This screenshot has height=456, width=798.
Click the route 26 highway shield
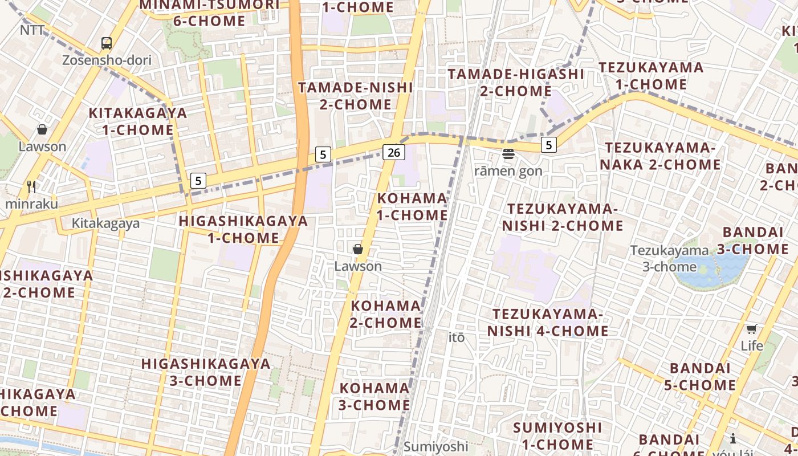(x=394, y=152)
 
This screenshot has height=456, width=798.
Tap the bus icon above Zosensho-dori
(x=107, y=43)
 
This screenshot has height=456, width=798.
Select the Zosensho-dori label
(x=107, y=60)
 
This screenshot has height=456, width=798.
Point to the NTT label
(x=32, y=30)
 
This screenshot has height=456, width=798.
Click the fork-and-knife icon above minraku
(x=31, y=186)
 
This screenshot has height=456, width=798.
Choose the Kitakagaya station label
(x=105, y=223)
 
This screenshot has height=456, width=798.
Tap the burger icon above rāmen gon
(x=508, y=153)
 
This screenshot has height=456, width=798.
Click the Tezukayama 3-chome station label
(x=669, y=258)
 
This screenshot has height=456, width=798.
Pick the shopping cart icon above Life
(x=752, y=329)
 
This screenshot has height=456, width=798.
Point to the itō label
(x=457, y=337)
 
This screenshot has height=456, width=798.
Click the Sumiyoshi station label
(x=436, y=446)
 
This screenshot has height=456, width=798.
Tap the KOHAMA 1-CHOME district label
(x=412, y=206)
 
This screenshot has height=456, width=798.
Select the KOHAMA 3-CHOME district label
(x=374, y=397)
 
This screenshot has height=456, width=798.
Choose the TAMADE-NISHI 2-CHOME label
(x=356, y=96)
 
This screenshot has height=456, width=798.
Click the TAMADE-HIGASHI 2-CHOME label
(x=516, y=82)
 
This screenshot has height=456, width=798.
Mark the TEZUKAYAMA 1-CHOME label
(x=651, y=76)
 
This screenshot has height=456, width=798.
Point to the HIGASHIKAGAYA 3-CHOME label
(x=206, y=372)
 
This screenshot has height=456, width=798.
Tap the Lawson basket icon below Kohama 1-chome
(x=358, y=249)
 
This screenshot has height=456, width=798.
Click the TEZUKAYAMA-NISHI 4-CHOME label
(x=548, y=323)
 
